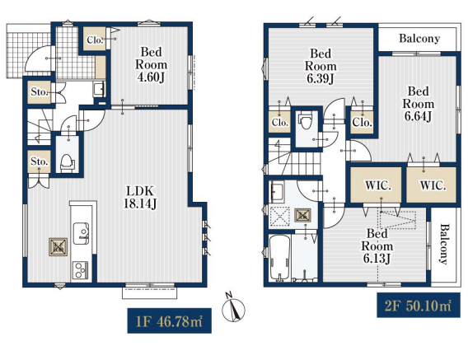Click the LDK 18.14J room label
[x=140, y=197]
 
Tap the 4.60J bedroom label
[x=151, y=64]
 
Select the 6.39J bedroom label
[x=321, y=66]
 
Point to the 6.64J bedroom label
[x=419, y=104]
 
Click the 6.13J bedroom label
[x=377, y=246]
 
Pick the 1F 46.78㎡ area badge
[x=169, y=320]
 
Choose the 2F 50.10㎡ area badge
[x=419, y=305]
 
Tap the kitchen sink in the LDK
[x=81, y=233]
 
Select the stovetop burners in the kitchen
[x=80, y=270]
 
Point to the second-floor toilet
[x=305, y=120]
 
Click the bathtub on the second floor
[x=279, y=259]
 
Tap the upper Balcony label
[x=419, y=39]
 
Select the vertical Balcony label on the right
[x=444, y=244]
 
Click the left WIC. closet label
[x=377, y=185]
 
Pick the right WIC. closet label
[x=433, y=185]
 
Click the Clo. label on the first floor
[x=95, y=40]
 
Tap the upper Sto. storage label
[x=40, y=91]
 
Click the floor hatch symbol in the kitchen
[x=58, y=247]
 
